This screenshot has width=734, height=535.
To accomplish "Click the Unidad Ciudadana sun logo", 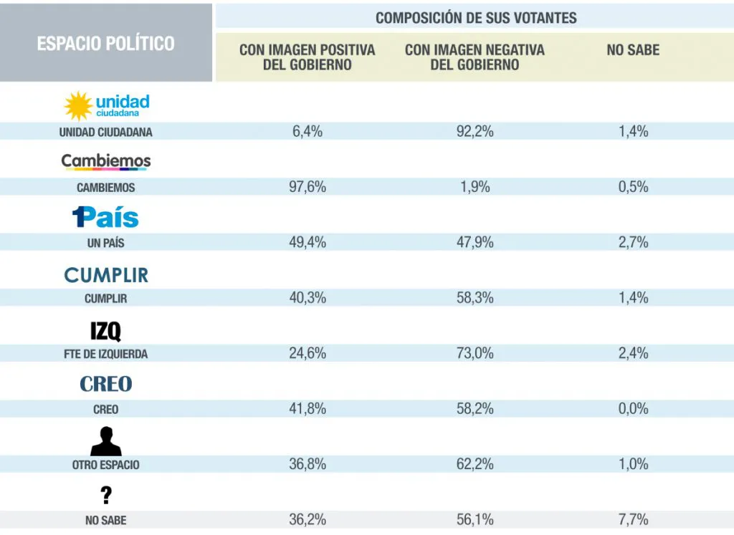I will pos(78,106).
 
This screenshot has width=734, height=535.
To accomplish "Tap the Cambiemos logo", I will pos(106,162).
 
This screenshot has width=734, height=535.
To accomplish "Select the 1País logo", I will pos(105,217).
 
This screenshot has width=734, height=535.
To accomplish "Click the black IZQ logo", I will pos(105,330).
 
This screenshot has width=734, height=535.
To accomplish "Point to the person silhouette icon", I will pos(105,441).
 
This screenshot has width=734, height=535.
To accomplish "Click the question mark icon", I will pos(106,495).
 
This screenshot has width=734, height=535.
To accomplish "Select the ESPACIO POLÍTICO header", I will pos(106,43).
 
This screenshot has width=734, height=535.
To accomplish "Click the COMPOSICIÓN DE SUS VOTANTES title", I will pos(475,18).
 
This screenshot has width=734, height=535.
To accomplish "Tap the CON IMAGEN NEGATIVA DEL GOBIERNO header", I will pos(475,57).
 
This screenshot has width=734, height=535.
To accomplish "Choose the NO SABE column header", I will pos(633,50).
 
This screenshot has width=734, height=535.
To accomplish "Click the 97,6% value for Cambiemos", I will pos(308,187).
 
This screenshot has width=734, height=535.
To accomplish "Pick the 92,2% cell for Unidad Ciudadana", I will pos(475,131).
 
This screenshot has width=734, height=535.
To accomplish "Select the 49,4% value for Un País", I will pos(308,242).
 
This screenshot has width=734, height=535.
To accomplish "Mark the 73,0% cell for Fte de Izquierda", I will pos(475,353).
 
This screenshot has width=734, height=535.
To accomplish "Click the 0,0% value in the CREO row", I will pos(633,408).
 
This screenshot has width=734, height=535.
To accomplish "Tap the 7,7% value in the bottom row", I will pos(633,520).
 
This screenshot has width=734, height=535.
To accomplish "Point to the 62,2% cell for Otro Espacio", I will pos(475,464).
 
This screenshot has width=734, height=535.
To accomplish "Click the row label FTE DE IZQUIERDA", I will pos(105,354).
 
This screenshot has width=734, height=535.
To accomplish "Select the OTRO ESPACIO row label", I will pos(105,465).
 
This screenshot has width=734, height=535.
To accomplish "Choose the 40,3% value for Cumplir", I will pos(308,298).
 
